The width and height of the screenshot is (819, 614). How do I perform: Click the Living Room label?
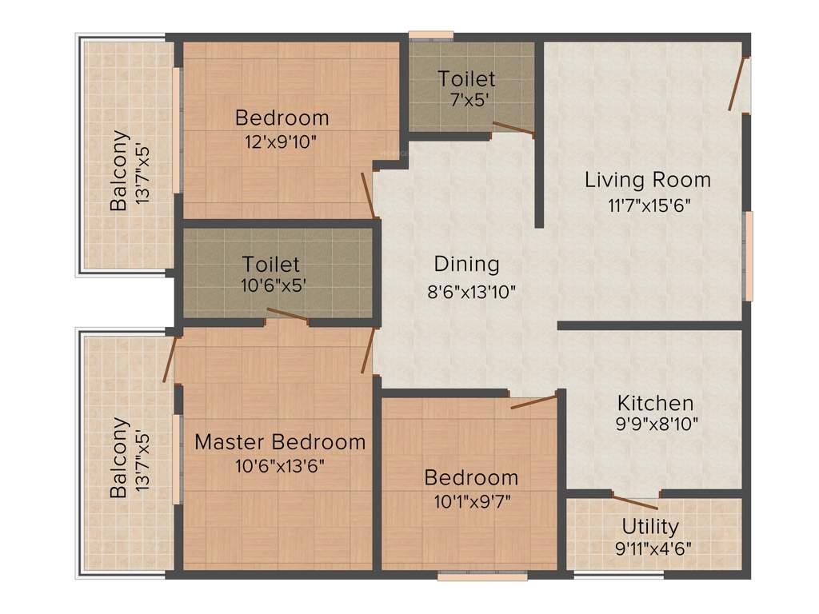pos(647,179)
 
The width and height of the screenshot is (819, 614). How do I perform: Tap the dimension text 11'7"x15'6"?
pos(647,204)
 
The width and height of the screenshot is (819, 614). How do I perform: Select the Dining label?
pos(466,264)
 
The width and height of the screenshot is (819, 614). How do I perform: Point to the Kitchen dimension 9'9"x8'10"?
pos(655,424)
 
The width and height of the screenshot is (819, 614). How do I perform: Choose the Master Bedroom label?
pos(279,441)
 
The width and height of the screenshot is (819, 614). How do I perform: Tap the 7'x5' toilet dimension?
pos(466,101)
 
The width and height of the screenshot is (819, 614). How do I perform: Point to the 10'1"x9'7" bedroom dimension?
pos(470,501)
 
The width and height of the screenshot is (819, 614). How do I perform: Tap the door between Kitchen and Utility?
pos(635,502)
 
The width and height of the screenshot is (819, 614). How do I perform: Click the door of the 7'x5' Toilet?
pos(513,129)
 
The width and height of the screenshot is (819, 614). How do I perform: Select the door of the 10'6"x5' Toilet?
pos(287,315)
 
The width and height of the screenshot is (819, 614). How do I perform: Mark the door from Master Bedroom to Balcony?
pos(170,359)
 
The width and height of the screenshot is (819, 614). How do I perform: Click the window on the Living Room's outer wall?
pos(749,256)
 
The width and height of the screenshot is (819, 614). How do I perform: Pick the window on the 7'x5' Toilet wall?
pos(431,35)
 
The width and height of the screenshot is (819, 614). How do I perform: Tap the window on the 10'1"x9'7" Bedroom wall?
pos(482,575)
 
